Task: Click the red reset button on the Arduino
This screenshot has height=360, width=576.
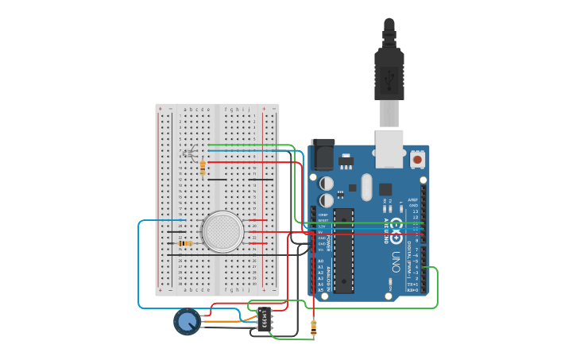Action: tap(417, 160)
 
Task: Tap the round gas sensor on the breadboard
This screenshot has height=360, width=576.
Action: tap(222, 231)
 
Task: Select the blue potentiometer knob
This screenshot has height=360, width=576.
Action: tap(187, 321)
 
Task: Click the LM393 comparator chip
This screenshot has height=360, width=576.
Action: tap(264, 318)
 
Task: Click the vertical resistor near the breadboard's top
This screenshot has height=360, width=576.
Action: tap(203, 168)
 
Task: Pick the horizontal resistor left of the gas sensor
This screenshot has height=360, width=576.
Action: tap(186, 243)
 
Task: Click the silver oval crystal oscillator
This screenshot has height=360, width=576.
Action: tap(365, 188)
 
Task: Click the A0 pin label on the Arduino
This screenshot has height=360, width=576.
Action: tap(321, 261)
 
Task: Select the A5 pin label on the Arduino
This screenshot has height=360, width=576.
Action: tap(321, 289)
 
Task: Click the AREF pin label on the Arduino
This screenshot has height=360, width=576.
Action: tap(412, 199)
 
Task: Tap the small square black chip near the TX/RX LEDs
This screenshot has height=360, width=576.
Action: tap(385, 189)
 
